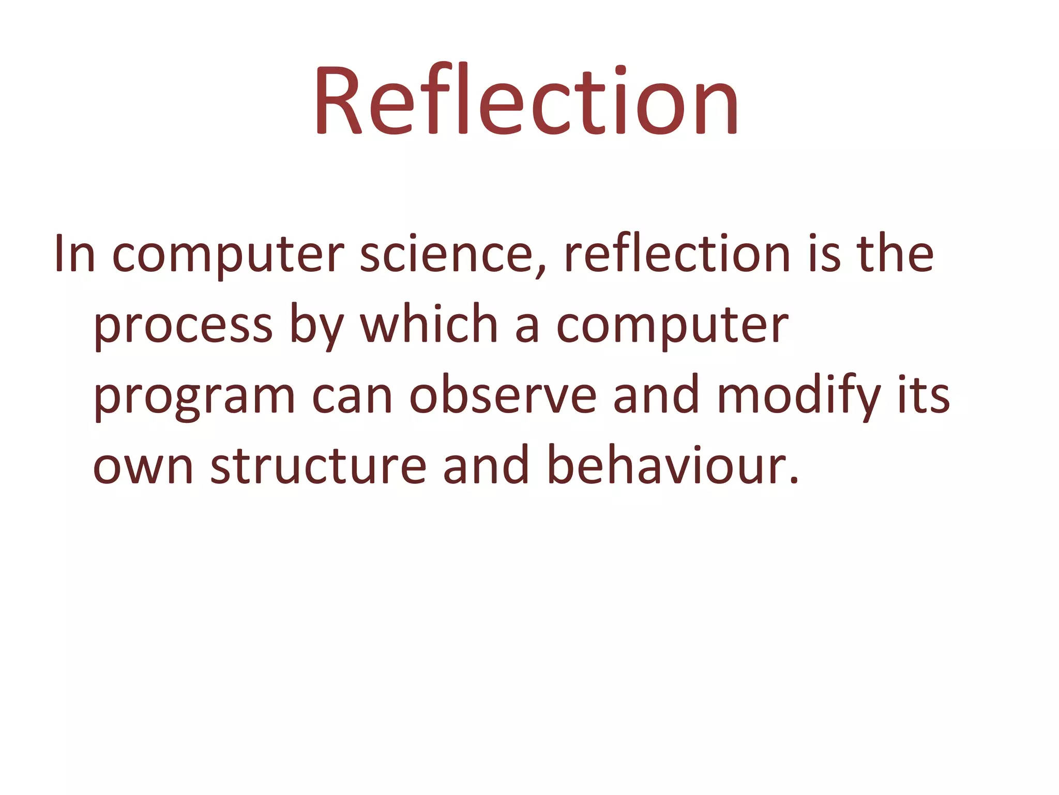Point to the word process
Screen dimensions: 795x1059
tap(183, 326)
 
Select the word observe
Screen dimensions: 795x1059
tap(503, 396)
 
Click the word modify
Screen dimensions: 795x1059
tap(799, 396)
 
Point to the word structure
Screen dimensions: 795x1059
tap(318, 466)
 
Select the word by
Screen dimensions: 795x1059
tap(316, 326)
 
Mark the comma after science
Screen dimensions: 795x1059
tap(541, 269)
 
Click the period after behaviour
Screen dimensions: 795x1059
tap(794, 481)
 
